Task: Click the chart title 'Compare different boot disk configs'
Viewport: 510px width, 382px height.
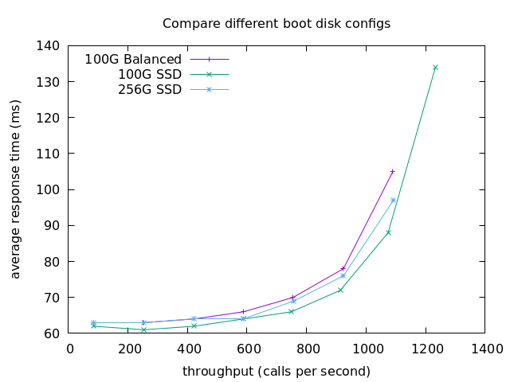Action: point(277,23)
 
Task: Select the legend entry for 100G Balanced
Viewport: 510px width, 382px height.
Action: point(133,59)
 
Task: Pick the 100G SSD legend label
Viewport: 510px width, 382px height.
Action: point(150,74)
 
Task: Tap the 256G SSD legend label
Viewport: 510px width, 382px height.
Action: point(150,89)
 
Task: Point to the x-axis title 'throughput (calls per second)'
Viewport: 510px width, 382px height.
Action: point(277,371)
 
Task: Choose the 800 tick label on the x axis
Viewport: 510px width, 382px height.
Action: point(307,349)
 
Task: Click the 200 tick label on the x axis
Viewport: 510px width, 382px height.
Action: point(129,349)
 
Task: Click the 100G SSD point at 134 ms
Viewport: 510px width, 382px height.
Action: point(435,68)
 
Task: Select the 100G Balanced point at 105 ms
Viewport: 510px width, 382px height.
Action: point(392,171)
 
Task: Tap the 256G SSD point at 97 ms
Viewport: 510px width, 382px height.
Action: point(394,201)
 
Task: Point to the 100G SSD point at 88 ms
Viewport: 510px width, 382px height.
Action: point(389,232)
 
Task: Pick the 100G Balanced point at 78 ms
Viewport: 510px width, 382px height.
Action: point(343,269)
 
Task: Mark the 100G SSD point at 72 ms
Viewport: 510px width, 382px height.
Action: point(340,290)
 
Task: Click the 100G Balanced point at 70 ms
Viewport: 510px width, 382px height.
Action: point(292,298)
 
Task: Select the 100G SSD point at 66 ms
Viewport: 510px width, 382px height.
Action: point(291,311)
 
